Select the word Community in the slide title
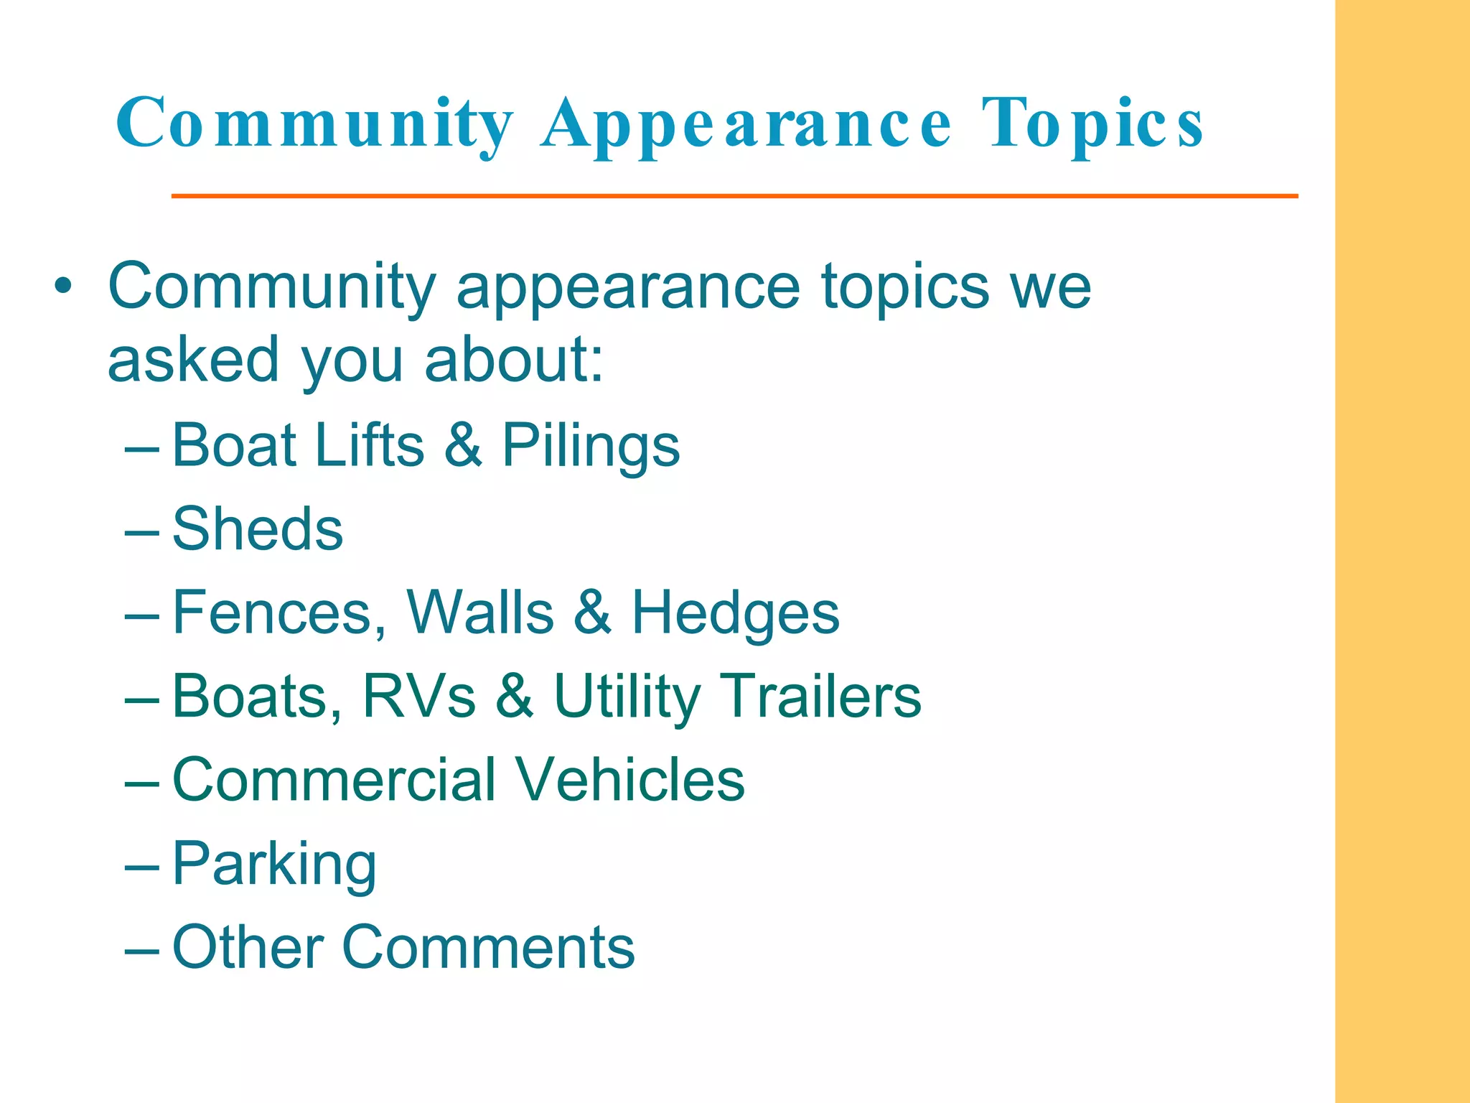pyautogui.click(x=314, y=124)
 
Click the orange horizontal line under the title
pyautogui.click(x=734, y=195)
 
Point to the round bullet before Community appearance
pyautogui.click(x=64, y=287)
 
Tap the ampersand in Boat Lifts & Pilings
pyautogui.click(x=463, y=445)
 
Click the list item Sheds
pyautogui.click(x=258, y=529)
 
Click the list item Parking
pyautogui.click(x=274, y=865)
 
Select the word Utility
pyautogui.click(x=627, y=697)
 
